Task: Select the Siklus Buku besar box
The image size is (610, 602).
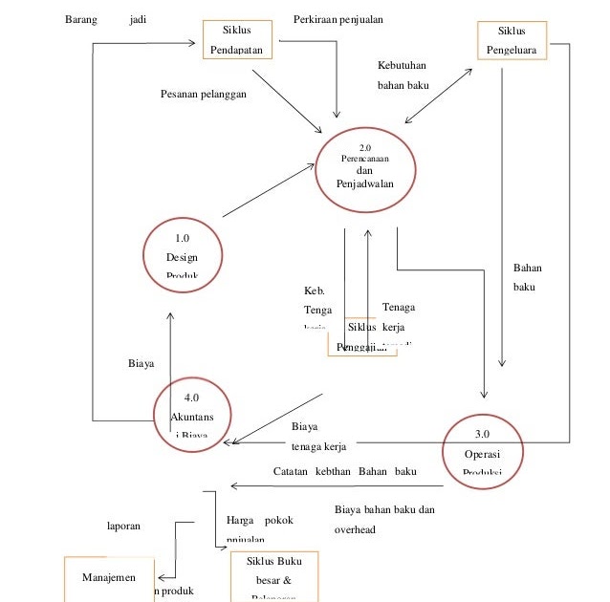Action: click(x=273, y=577)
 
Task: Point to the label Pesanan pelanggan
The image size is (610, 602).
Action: click(x=203, y=94)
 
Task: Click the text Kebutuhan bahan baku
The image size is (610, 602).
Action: click(x=402, y=75)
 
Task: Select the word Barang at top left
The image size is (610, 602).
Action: click(x=80, y=19)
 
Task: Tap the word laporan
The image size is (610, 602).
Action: click(x=123, y=525)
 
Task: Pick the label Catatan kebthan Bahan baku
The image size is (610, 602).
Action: click(x=344, y=471)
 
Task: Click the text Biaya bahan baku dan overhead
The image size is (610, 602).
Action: click(x=384, y=519)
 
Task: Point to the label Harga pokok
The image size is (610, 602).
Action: click(x=259, y=521)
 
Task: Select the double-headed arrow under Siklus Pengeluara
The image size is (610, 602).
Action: click(x=440, y=96)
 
